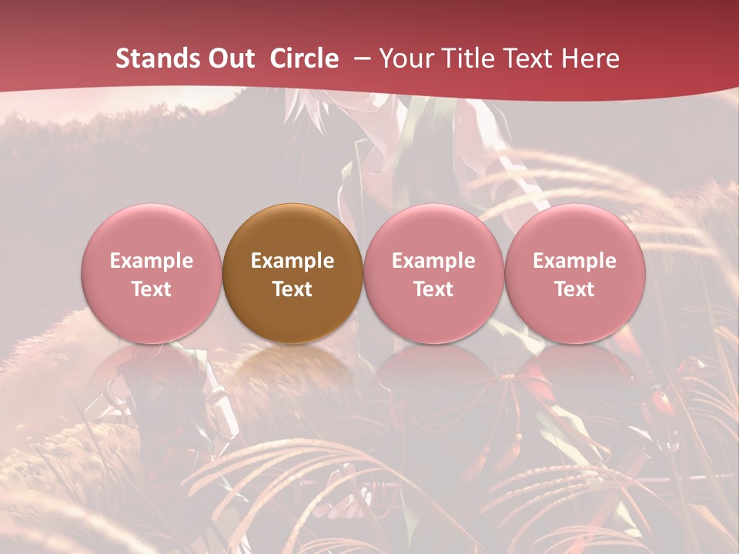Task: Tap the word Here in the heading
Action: coord(591,58)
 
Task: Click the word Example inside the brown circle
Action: coord(293,261)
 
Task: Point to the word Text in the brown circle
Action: coord(293,289)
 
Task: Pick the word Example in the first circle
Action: coord(152,261)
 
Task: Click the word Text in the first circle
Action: coord(152,289)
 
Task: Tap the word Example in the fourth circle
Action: coord(574,261)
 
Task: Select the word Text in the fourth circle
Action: coord(574,289)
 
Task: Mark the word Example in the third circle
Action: coord(433,261)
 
